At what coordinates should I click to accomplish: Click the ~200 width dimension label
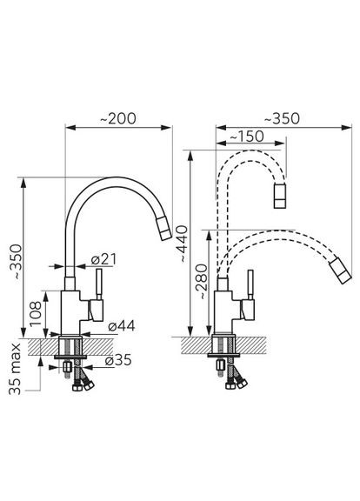(x=118, y=119)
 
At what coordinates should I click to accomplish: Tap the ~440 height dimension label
(x=183, y=244)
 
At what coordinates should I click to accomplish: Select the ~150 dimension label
(x=247, y=137)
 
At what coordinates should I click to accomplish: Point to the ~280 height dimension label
(x=203, y=282)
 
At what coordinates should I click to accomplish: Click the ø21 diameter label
(x=103, y=259)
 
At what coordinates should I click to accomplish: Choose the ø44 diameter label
(x=122, y=326)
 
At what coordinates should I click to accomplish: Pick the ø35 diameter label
(x=118, y=360)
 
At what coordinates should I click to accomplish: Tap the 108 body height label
(x=36, y=313)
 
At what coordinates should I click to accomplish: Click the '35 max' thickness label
(x=15, y=370)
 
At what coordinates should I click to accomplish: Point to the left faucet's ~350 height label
(x=16, y=263)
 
